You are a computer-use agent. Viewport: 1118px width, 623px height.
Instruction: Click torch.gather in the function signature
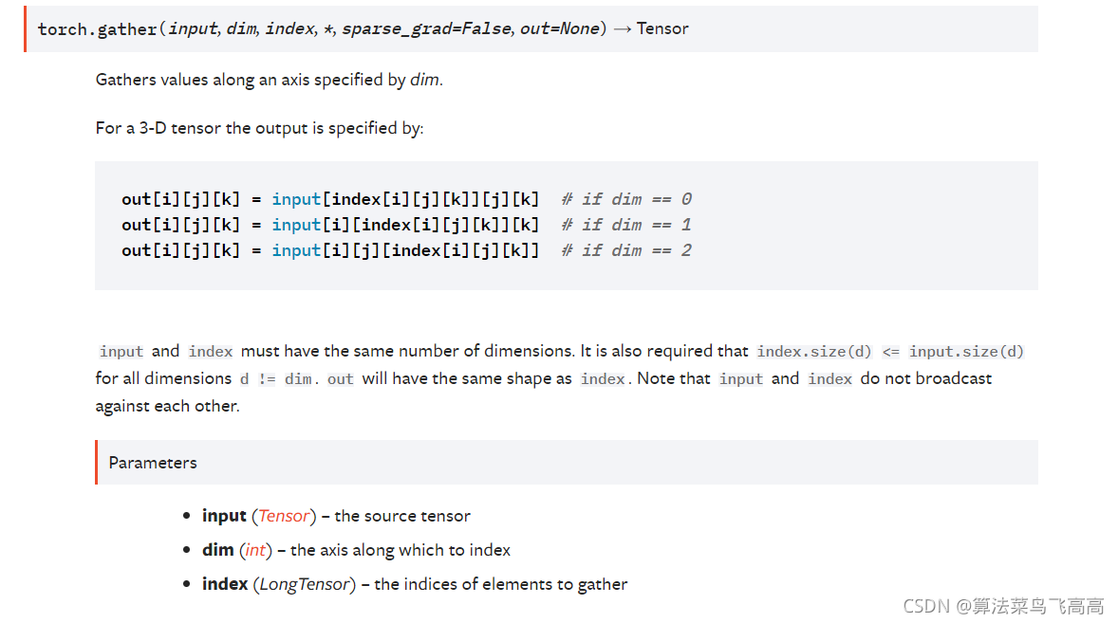coord(97,28)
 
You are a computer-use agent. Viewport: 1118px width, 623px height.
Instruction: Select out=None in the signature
coord(560,28)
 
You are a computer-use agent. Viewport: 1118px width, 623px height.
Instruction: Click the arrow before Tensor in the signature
coord(623,28)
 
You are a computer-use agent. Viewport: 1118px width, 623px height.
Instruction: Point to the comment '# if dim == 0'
coord(625,199)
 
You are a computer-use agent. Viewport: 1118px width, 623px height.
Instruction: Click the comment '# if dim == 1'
coord(625,225)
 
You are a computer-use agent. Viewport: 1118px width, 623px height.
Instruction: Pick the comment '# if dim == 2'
coord(625,250)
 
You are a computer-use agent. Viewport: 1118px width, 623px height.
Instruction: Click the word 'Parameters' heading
coord(153,463)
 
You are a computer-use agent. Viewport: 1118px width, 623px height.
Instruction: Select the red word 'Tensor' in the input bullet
coord(284,516)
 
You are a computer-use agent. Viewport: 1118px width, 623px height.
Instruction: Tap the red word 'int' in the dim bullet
coord(255,550)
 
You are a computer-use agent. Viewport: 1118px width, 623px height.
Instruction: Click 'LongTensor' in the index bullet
coord(305,584)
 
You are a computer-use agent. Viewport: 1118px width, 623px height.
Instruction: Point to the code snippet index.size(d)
coord(814,352)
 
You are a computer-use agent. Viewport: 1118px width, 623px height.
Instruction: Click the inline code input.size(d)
coord(966,352)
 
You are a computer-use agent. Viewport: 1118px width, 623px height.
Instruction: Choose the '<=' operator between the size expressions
coord(890,352)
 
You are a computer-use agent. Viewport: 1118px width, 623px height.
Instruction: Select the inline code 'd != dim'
coord(275,379)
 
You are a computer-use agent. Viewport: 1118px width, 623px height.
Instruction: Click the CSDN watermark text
coord(1003,605)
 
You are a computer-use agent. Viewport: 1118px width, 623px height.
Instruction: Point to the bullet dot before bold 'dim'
coord(187,551)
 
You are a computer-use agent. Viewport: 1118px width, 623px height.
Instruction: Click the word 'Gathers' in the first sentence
coord(126,80)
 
